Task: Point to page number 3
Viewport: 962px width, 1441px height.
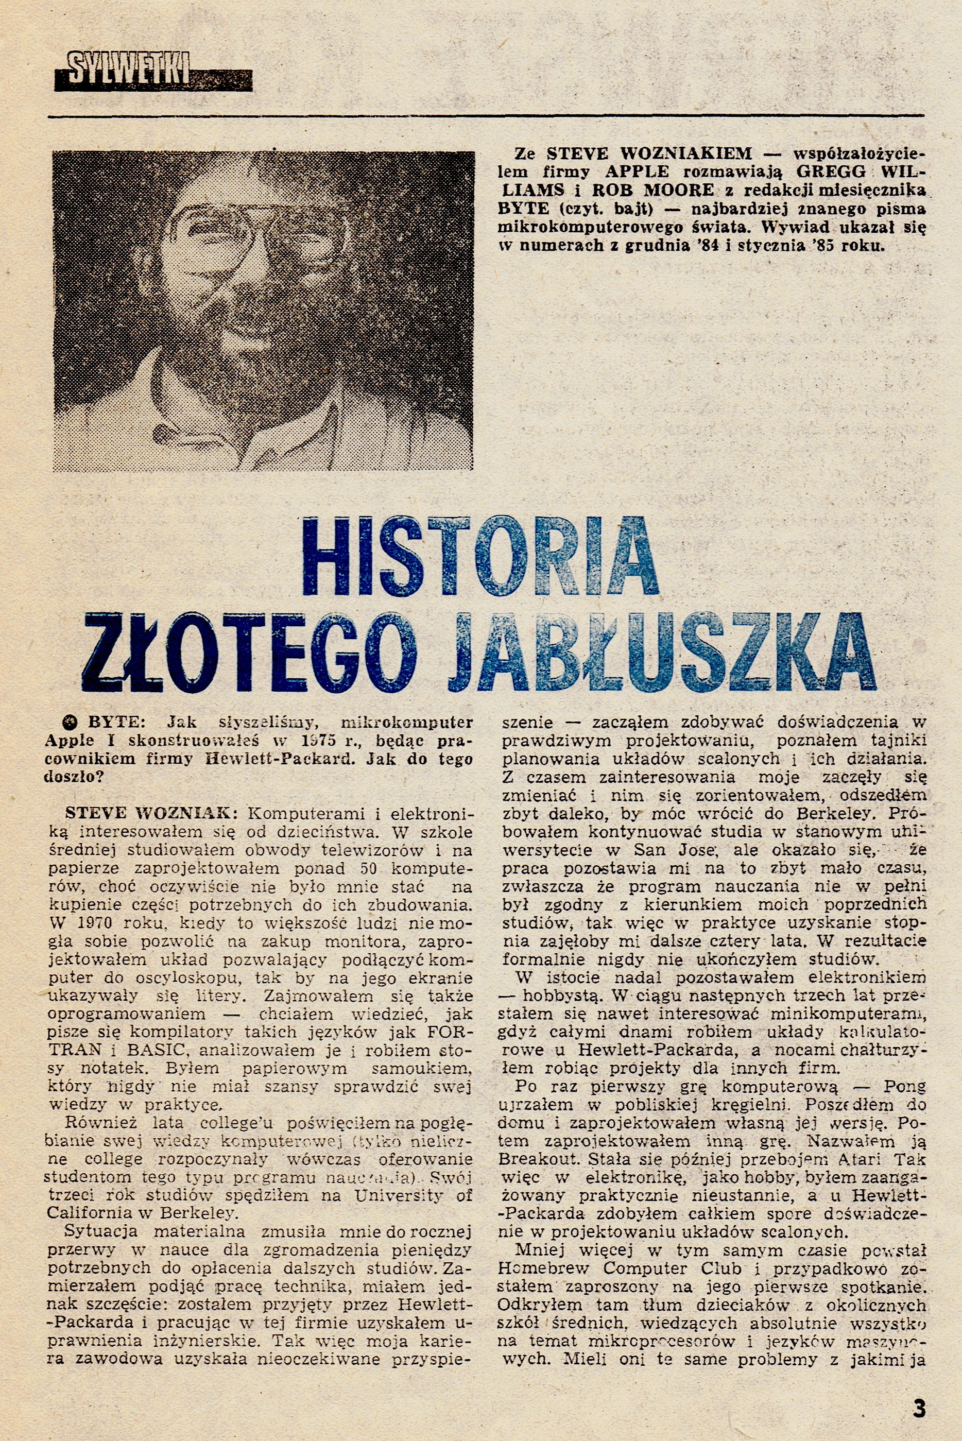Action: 918,1391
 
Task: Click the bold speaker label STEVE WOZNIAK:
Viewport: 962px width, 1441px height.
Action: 147,814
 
